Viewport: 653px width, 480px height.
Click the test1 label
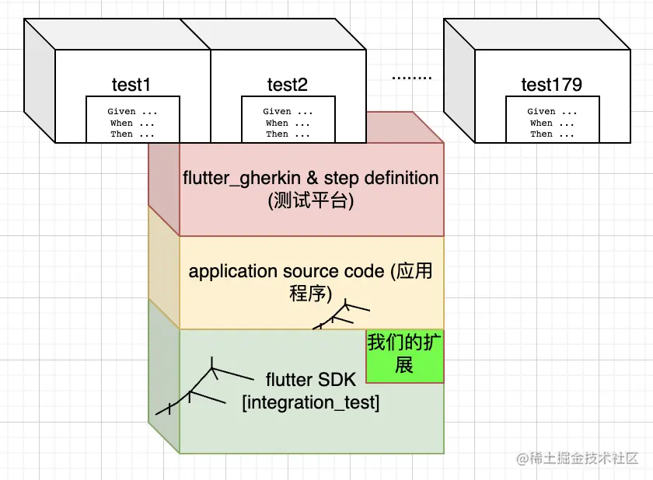(131, 84)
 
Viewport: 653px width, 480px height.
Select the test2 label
(287, 84)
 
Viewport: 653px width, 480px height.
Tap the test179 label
(551, 84)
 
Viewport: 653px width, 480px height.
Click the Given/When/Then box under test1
(132, 120)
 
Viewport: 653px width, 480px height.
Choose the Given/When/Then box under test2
(288, 120)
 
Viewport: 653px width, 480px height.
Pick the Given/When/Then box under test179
(552, 120)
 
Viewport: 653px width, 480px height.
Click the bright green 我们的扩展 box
(404, 355)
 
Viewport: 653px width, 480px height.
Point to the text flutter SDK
(310, 380)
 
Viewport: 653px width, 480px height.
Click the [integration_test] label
(310, 403)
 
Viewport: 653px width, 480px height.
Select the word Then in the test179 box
(541, 134)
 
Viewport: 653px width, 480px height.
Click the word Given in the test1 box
(121, 111)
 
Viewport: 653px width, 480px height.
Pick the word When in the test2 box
(277, 123)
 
